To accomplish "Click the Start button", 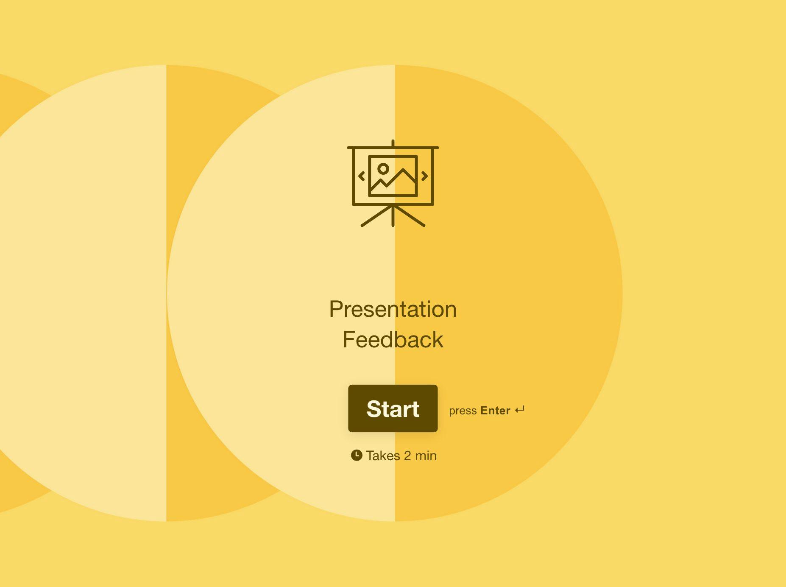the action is (393, 408).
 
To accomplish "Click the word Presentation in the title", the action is (393, 309).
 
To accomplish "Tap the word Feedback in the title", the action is (393, 340).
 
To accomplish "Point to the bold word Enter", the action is (495, 411).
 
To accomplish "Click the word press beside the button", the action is (463, 411).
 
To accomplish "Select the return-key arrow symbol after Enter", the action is (520, 410).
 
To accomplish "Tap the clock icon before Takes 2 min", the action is (357, 455).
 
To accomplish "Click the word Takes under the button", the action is (383, 456).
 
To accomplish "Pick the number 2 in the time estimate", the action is (407, 456).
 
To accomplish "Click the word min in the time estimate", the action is (426, 456).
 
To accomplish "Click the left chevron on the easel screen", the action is (362, 176).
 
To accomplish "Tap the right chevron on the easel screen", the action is (424, 176).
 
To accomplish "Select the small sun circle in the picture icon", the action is (383, 169).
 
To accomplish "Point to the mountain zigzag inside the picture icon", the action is (393, 179).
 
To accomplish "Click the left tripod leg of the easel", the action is (377, 216).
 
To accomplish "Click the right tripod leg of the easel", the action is (409, 216).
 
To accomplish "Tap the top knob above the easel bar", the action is (393, 143).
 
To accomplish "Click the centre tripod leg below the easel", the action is (393, 216).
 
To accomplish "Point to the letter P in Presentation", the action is (337, 309).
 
